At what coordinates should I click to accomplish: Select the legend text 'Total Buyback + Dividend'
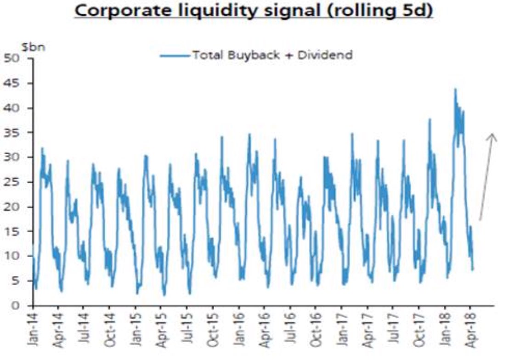point(272,56)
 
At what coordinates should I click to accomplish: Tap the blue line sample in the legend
point(174,56)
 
